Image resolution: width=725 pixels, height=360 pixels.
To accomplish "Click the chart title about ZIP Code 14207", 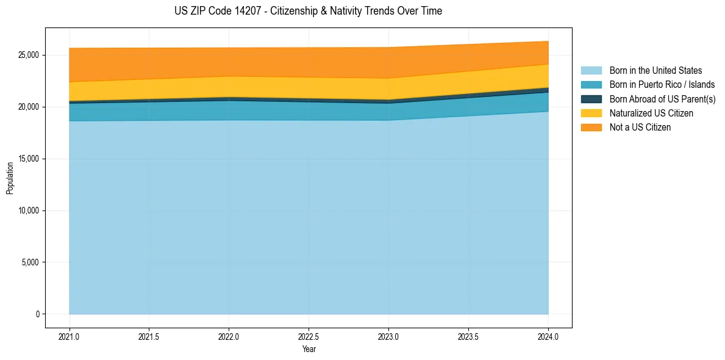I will tap(308, 11).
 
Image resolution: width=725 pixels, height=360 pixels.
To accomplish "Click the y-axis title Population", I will tap(10, 178).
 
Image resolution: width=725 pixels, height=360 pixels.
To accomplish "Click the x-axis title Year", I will tap(309, 349).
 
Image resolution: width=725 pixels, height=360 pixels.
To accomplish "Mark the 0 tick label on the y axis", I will tap(37, 314).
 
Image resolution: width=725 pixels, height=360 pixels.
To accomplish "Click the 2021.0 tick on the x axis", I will tap(70, 336).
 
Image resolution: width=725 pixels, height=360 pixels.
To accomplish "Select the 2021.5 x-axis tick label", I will tap(149, 336).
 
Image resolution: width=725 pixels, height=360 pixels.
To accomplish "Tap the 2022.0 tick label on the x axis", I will tap(229, 336).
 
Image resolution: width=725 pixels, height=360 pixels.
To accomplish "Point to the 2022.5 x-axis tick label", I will tap(309, 336).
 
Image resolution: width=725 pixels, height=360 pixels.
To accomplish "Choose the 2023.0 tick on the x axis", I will tap(388, 336).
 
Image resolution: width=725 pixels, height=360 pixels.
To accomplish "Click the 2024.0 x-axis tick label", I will tap(548, 336).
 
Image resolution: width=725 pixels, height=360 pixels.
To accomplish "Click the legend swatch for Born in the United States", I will tap(591, 71).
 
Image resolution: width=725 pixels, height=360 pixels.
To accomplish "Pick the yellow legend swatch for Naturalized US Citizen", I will tap(591, 113).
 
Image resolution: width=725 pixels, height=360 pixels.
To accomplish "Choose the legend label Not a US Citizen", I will tap(640, 128).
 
